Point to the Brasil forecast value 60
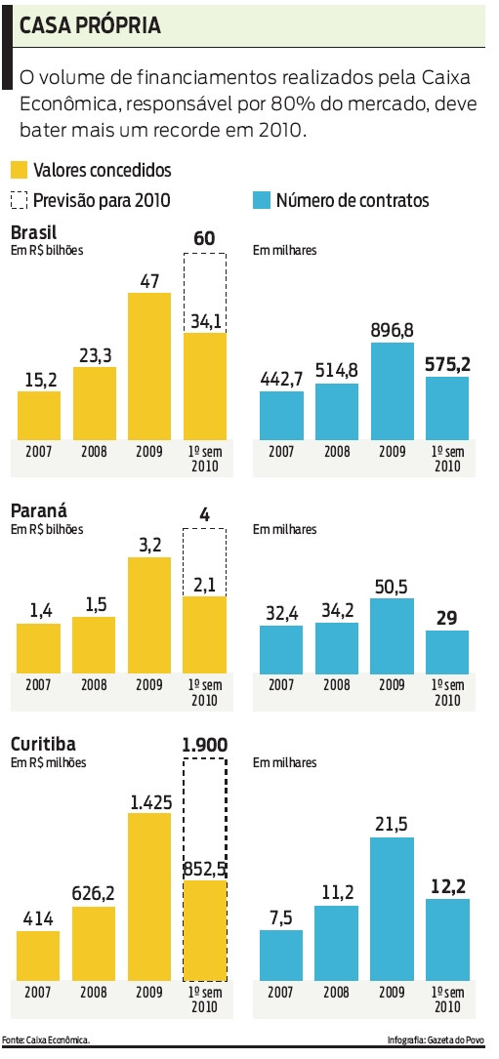(205, 239)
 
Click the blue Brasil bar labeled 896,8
(393, 390)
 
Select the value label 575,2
(447, 364)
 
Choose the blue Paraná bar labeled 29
(447, 651)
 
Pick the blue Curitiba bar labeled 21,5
(393, 908)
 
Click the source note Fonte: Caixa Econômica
(47, 1040)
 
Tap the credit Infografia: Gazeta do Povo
(440, 1040)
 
